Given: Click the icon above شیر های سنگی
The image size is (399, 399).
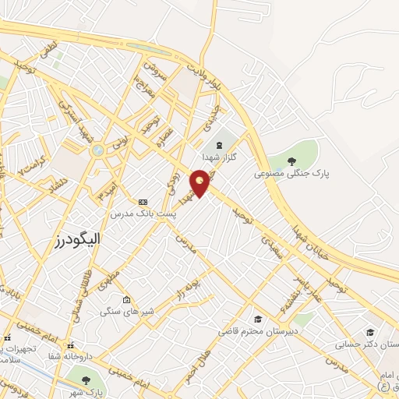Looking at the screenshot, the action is [x=126, y=298].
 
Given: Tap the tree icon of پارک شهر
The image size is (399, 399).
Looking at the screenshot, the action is [x=86, y=380].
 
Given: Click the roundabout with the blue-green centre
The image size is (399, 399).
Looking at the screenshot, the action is [x=97, y=150].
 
